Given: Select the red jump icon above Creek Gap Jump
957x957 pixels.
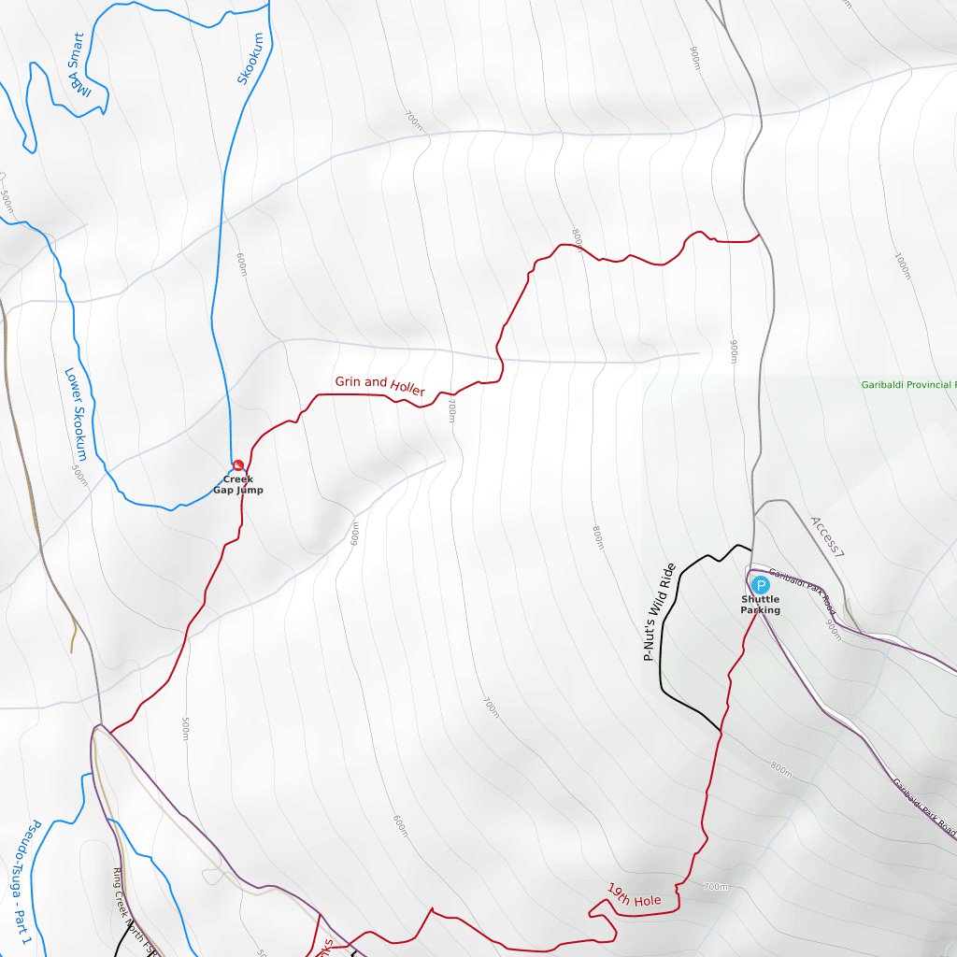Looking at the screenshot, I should point(237,464).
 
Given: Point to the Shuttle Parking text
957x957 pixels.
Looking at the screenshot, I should point(760,605).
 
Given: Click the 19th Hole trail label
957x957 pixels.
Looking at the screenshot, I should point(634,894).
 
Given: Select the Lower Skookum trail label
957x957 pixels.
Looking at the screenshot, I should point(76,413).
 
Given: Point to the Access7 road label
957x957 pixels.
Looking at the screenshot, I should point(827,536).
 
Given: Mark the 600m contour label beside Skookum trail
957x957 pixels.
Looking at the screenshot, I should point(242,264).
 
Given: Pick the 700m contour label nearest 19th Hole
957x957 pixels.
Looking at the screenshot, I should point(715,886).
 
